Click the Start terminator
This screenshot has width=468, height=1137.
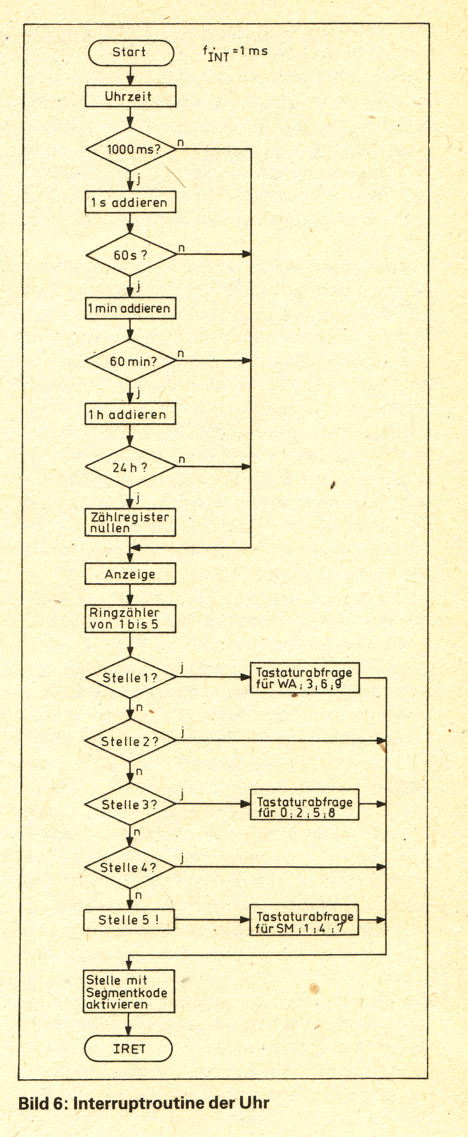tap(131, 53)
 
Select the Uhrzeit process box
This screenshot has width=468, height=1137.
tap(130, 96)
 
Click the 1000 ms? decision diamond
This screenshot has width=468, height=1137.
tap(131, 149)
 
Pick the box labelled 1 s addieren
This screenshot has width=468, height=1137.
tap(130, 202)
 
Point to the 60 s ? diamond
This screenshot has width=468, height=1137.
tap(131, 255)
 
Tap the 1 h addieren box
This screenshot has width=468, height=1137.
tap(130, 414)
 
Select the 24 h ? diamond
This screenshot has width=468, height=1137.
tap(131, 467)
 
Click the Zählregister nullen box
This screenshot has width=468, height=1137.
tap(130, 523)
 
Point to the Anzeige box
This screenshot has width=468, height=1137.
tap(130, 574)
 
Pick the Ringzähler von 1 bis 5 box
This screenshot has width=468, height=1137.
tap(130, 619)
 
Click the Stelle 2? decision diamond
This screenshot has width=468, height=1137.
tap(130, 741)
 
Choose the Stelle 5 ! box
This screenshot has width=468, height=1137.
tap(129, 920)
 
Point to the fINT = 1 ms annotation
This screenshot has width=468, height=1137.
tap(235, 53)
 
